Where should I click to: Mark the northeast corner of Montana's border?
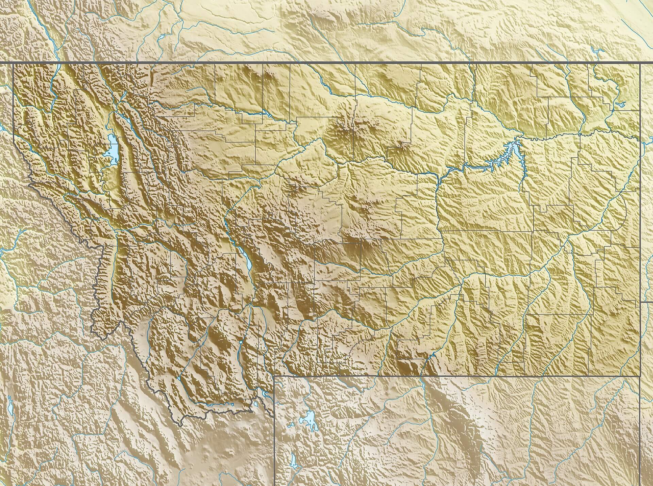point(640,63)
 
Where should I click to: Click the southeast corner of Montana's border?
point(640,376)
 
